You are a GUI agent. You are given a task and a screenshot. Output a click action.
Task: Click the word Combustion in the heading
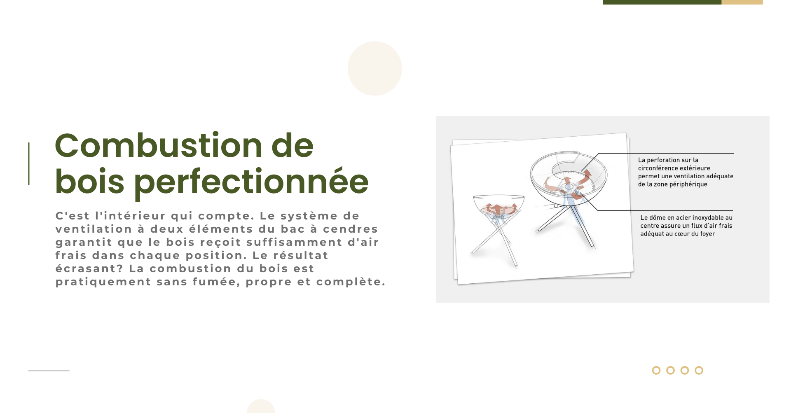159,145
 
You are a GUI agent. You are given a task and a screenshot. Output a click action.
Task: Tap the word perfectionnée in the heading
251,182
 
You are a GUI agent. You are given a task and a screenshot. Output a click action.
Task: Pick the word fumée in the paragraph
217,282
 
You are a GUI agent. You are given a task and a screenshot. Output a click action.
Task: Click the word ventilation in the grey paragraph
94,229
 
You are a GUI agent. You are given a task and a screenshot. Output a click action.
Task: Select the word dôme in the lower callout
658,217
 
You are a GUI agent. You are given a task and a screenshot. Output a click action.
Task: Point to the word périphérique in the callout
688,184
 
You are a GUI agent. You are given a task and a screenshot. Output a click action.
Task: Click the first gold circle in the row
656,370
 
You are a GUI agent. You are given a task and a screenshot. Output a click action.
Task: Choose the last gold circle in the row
699,370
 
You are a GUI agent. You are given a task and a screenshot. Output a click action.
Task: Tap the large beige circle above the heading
375,68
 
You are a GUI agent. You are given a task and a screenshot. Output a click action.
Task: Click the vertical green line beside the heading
29,164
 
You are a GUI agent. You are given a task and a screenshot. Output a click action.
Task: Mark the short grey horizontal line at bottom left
49,371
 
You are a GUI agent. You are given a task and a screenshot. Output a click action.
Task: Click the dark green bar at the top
662,2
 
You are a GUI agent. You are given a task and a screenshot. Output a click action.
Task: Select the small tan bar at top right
742,2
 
